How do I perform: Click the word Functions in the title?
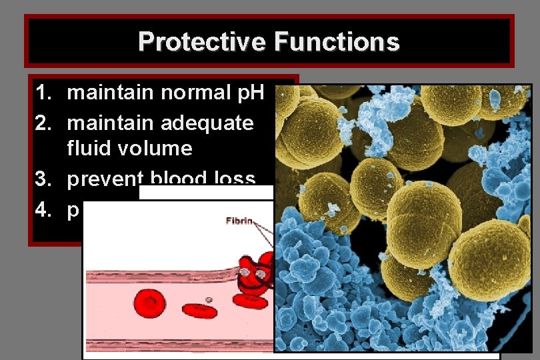[x=336, y=42]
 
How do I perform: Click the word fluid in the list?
[x=88, y=148]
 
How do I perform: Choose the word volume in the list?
[x=154, y=148]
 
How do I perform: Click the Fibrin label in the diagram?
[x=239, y=221]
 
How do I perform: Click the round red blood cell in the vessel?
[x=150, y=303]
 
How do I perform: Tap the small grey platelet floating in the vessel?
[x=210, y=300]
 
